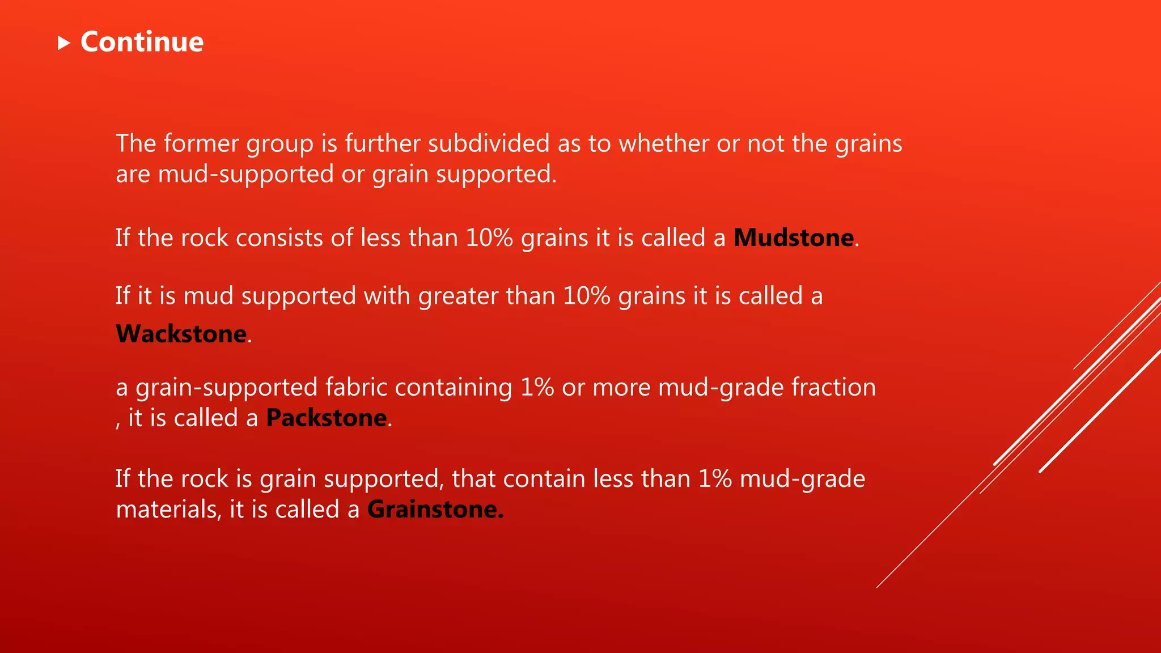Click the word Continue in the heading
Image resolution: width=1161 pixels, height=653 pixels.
(x=142, y=42)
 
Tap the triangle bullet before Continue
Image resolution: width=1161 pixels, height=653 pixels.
(x=63, y=43)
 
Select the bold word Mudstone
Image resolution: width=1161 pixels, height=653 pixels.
(x=794, y=238)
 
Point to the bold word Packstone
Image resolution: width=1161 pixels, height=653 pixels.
(x=327, y=418)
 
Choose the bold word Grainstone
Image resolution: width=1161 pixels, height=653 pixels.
(x=435, y=510)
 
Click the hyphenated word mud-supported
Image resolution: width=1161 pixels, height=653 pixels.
(x=245, y=175)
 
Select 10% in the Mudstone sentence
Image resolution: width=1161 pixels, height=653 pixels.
(x=489, y=238)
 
